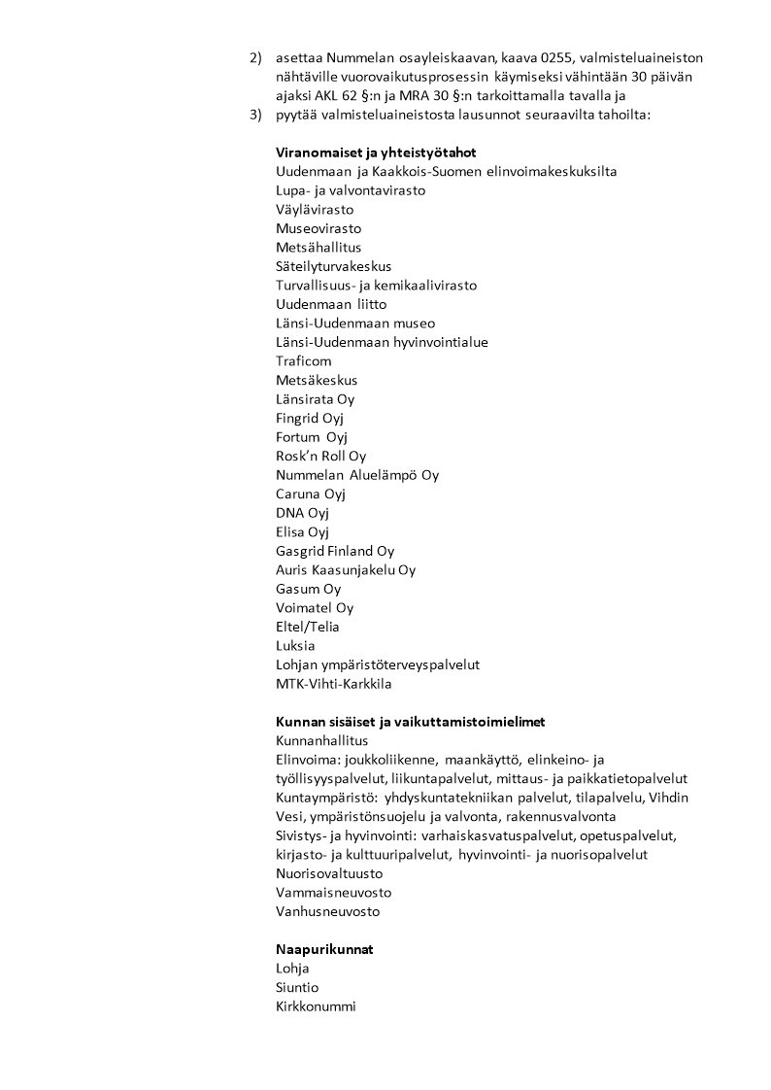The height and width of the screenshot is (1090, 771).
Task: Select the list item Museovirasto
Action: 318,228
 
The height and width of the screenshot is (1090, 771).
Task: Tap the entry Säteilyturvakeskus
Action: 334,266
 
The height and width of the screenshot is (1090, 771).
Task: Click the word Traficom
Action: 304,360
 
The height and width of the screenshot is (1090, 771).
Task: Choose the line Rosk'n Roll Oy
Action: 321,456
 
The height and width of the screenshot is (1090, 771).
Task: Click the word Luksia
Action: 295,645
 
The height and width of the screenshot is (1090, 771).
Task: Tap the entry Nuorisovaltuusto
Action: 329,873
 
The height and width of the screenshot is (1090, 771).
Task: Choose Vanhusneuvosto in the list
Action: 328,911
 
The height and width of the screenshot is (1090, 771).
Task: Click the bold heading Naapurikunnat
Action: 324,949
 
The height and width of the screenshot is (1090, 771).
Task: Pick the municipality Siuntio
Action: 297,987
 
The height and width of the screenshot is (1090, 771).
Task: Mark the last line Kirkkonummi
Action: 316,1006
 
